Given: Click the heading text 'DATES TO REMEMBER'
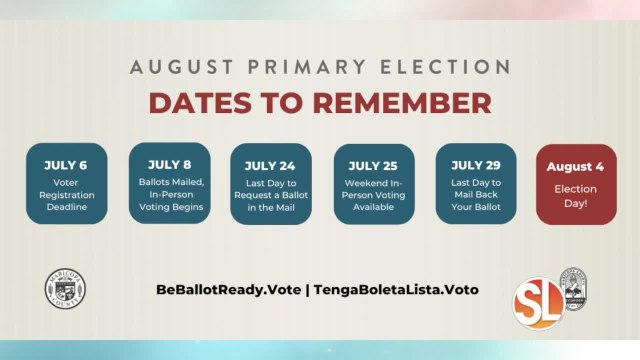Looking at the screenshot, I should coord(320,102).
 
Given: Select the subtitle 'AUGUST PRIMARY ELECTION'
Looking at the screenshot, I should coord(320,69).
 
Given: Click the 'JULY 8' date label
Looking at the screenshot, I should coord(169,164).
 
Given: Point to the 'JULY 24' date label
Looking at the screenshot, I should coord(271,166).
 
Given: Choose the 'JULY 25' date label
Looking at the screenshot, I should coord(374,166).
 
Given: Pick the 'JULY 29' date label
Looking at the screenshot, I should coord(476,165).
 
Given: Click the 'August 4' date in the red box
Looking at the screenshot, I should coord(577,166).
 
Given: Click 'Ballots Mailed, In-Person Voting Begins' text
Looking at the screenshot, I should coord(169,194).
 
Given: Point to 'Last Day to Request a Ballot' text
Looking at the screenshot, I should coord(271,197).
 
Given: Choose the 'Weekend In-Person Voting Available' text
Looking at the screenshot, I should coord(374,197).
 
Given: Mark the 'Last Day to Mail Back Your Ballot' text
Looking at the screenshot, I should coord(476,197).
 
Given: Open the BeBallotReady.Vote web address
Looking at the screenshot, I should coord(228,289).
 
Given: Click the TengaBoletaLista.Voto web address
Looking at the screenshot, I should coord(396,289).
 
